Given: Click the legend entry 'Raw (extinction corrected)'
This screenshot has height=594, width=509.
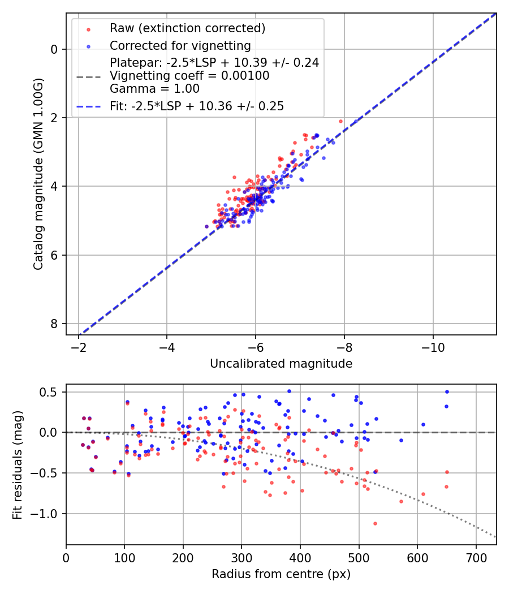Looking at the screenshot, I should coord(187,28).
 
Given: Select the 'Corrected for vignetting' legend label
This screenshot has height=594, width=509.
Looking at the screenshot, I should coord(180,45).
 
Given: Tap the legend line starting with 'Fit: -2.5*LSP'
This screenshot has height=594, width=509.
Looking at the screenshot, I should coord(196,106).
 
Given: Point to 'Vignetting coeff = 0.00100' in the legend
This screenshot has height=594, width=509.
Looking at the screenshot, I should coord(189,76).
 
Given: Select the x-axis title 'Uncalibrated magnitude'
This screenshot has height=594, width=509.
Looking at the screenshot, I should coord(281,364).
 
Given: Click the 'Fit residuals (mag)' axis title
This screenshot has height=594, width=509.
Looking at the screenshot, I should coord(18,464).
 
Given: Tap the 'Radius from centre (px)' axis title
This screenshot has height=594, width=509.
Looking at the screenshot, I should coord(281,574).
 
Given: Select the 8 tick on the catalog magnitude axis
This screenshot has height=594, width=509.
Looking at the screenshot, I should coord(54,324).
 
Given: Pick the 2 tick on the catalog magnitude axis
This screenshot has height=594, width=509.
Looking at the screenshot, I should coord(54,118).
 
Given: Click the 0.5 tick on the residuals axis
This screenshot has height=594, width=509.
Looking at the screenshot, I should coord(52,392).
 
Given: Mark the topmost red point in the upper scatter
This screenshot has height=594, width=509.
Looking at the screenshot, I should coord(340,121).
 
